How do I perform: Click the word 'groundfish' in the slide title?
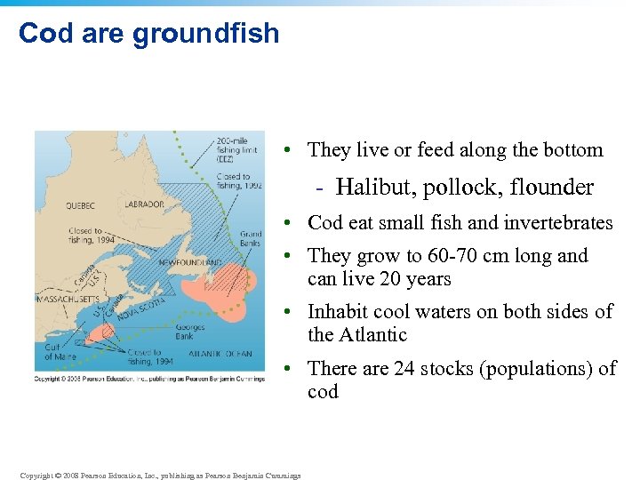[205, 34]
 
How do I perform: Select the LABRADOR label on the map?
[144, 204]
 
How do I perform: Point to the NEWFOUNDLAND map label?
[190, 263]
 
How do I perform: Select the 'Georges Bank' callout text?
[189, 332]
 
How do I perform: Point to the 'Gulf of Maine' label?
[61, 352]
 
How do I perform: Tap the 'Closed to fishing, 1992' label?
[238, 181]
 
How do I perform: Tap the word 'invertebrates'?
[559, 222]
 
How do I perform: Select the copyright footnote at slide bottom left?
[160, 475]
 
